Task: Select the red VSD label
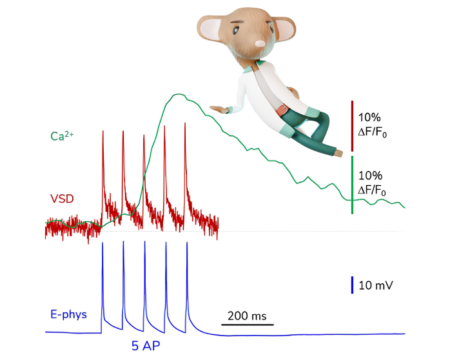62,198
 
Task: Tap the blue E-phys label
68,315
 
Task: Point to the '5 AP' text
147,345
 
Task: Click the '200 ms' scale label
247,316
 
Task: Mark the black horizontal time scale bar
247,325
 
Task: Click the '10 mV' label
377,285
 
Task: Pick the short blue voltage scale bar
352,285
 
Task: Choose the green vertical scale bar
352,185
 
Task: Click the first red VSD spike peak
103,132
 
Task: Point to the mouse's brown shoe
337,153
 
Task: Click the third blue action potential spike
144,243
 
